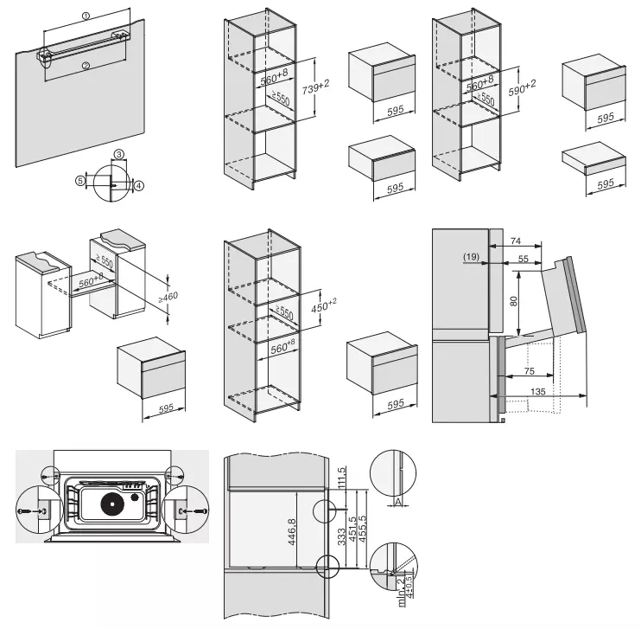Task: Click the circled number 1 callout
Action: tap(86, 16)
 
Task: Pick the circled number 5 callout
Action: tap(79, 181)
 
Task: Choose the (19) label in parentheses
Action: tap(472, 258)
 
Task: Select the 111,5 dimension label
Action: tap(342, 477)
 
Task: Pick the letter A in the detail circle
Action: tap(396, 500)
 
